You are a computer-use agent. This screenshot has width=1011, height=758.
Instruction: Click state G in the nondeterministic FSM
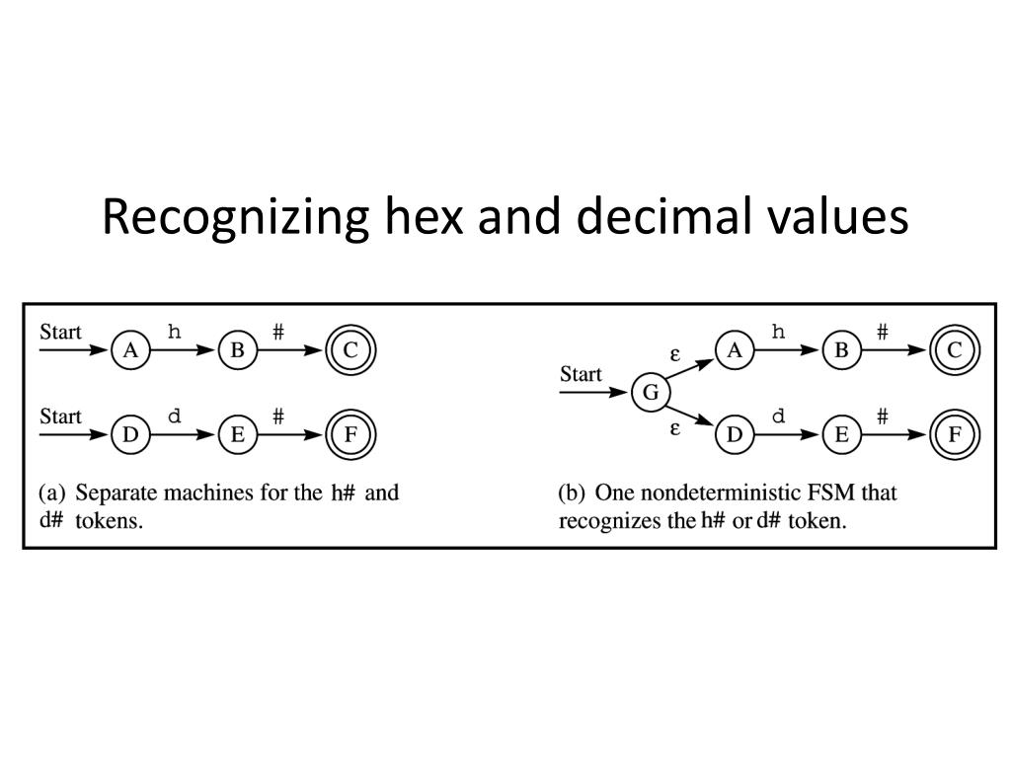tap(650, 393)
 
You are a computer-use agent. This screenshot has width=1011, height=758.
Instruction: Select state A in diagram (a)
tap(129, 350)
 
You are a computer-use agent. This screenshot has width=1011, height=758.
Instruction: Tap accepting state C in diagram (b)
tap(954, 350)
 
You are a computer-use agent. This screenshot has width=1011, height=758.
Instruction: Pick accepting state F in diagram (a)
tap(350, 434)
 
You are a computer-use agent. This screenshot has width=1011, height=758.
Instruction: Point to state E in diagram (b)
tap(841, 434)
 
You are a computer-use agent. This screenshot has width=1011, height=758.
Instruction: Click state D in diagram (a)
tap(129, 434)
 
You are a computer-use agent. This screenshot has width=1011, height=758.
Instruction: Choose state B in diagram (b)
tap(841, 350)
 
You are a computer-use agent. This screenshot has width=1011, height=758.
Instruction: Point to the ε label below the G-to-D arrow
tap(675, 429)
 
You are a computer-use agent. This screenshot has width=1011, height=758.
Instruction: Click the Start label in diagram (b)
tap(581, 374)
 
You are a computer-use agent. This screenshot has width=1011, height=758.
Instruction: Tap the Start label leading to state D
tap(60, 416)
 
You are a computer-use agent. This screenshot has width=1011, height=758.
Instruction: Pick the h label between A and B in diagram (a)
tap(175, 332)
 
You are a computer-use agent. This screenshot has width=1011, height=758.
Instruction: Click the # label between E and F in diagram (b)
tap(883, 417)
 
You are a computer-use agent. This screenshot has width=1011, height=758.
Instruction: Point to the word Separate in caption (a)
tap(114, 492)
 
